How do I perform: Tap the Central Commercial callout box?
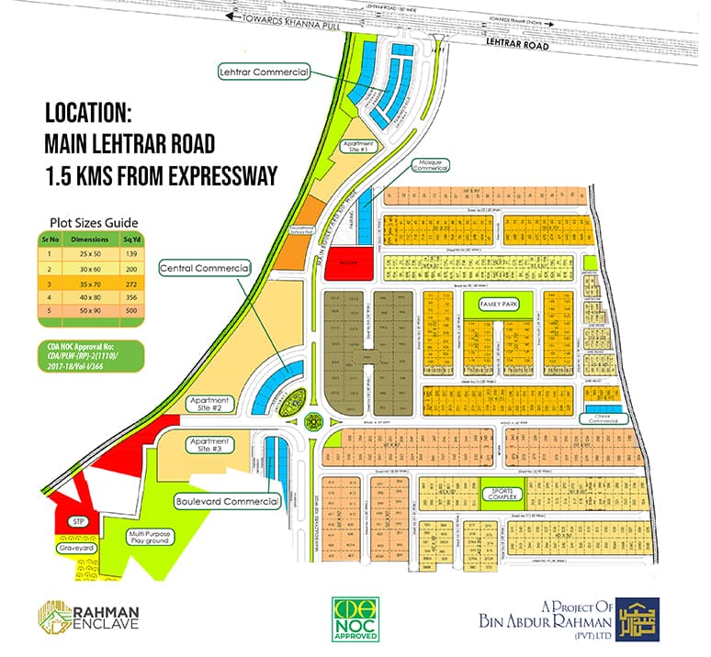(205, 268)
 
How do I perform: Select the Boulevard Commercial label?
(227, 502)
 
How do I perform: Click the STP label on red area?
(78, 522)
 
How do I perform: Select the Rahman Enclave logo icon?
(53, 618)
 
